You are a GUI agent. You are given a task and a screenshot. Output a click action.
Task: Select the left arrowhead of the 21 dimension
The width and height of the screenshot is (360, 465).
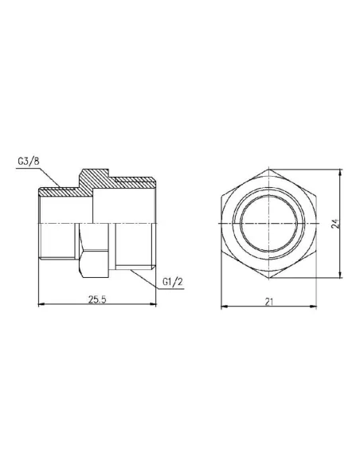(222, 306)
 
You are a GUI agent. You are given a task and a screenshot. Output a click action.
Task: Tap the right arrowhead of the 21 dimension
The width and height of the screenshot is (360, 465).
(320, 306)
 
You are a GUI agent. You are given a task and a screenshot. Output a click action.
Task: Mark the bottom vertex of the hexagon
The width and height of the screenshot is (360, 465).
(272, 279)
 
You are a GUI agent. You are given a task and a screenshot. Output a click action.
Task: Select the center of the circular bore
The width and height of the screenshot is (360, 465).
(272, 224)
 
